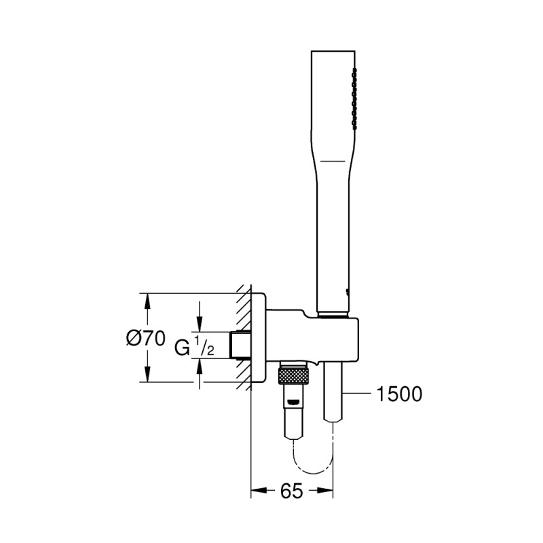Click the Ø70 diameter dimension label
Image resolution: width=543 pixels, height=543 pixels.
click(x=146, y=337)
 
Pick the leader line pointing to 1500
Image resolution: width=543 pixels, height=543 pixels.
click(x=360, y=394)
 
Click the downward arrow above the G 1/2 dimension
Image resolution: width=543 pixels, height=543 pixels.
click(x=200, y=326)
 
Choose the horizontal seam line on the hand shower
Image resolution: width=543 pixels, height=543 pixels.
click(x=334, y=160)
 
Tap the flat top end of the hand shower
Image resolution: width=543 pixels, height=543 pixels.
click(x=334, y=52)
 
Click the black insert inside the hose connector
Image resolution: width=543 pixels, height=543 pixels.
click(x=294, y=402)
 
